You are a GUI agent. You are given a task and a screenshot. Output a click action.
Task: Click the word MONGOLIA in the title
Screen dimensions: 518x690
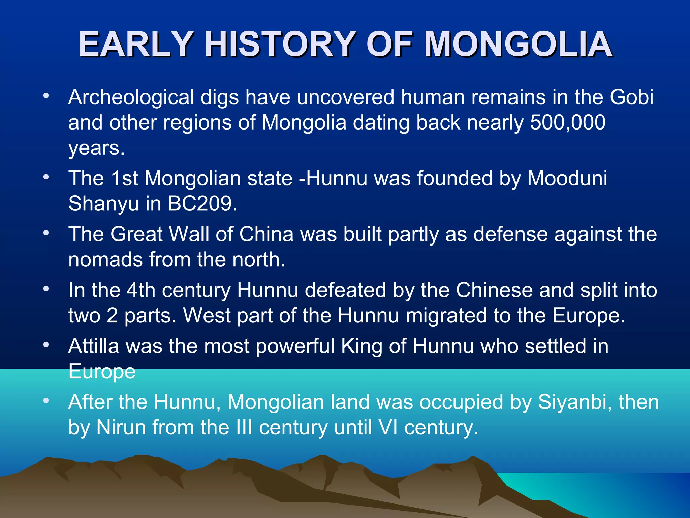pyautogui.click(x=518, y=45)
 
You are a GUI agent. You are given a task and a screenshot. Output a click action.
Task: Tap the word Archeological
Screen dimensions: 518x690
pyautogui.click(x=131, y=98)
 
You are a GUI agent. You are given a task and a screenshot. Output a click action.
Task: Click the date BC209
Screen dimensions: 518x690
pyautogui.click(x=202, y=204)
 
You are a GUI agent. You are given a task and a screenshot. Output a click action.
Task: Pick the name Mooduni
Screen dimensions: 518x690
pyautogui.click(x=567, y=178)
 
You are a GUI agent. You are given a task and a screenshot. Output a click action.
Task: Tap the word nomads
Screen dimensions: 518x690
pyautogui.click(x=105, y=260)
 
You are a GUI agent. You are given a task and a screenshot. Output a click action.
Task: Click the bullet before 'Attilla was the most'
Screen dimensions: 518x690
pyautogui.click(x=46, y=345)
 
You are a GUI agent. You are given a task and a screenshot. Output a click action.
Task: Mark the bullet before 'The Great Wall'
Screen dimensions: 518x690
pyautogui.click(x=46, y=233)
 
